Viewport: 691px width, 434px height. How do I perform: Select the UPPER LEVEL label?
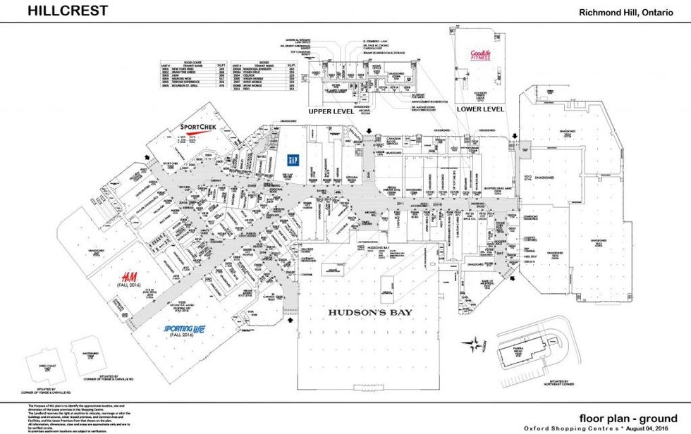click(331, 111)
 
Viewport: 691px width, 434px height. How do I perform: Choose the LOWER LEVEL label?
click(480, 110)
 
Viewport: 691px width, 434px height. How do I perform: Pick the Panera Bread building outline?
click(519, 353)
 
